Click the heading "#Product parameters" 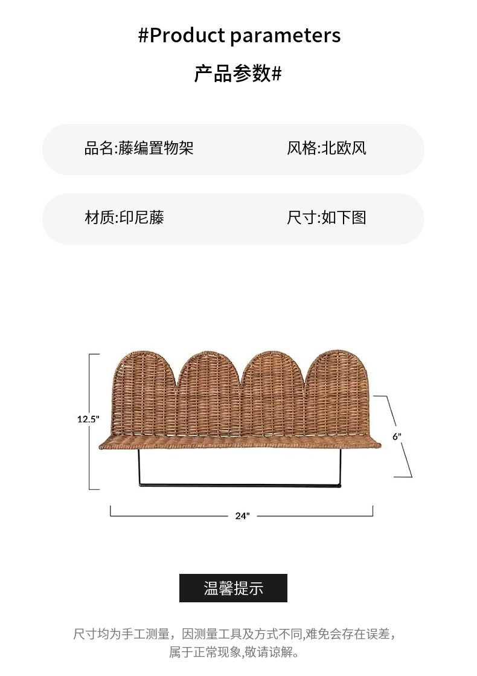239,36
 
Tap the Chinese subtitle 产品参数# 238,74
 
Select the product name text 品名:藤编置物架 139,149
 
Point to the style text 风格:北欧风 327,149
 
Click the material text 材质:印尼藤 124,218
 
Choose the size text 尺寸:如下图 327,218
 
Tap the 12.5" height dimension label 88,419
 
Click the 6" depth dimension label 397,436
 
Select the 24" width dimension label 242,516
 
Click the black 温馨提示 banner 233,588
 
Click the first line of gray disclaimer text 234,634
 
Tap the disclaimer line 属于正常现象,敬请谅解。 234,652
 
